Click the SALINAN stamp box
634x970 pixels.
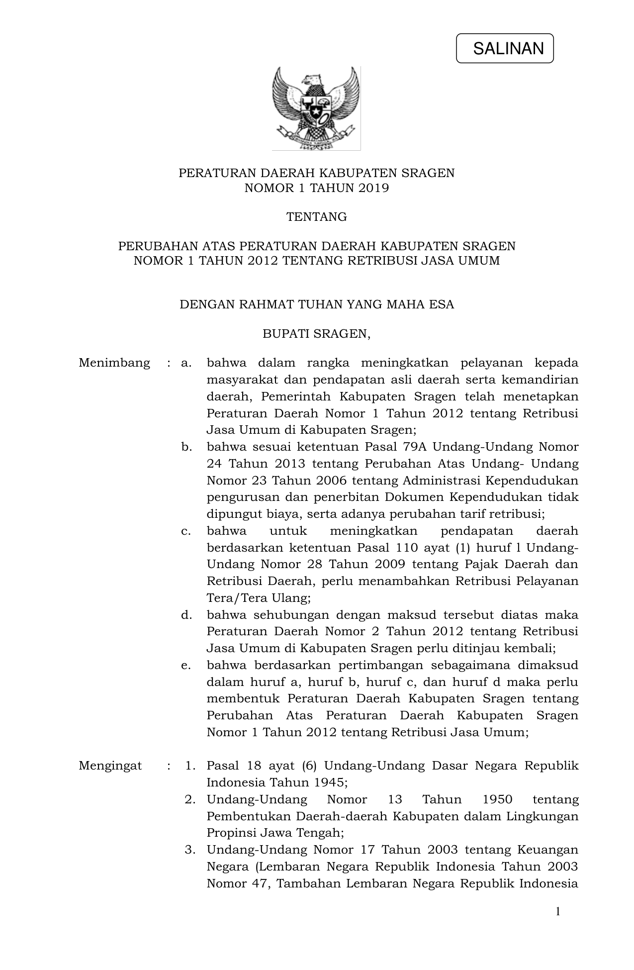[504, 48]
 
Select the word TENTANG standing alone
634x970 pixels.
[316, 217]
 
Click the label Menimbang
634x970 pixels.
[114, 363]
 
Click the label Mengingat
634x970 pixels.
[110, 766]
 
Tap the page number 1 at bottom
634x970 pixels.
[557, 911]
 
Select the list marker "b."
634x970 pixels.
[186, 447]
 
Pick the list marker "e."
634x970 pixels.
[186, 665]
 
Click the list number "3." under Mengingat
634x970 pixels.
[189, 850]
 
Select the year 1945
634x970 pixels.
[329, 782]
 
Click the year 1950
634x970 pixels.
[497, 799]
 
